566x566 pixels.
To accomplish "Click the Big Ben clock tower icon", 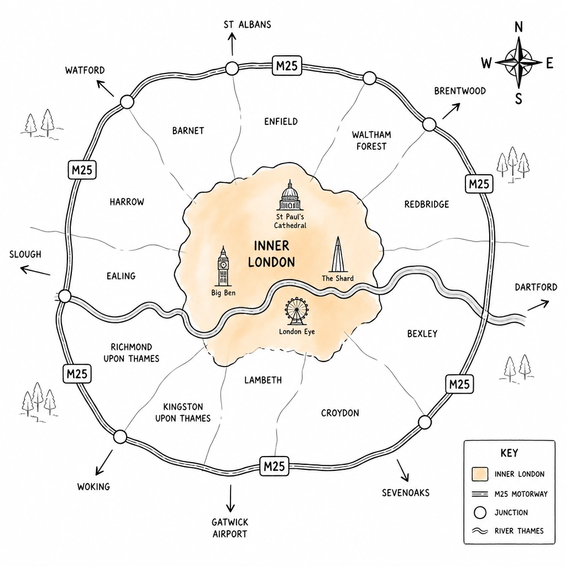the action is click(223, 266).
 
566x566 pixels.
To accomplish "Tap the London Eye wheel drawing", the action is click(296, 311).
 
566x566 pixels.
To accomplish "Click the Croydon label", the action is click(340, 413).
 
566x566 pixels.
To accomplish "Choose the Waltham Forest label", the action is click(371, 140).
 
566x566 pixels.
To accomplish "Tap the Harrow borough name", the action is click(127, 202).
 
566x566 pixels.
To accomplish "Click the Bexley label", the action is click(422, 333).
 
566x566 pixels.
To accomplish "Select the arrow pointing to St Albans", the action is click(232, 43).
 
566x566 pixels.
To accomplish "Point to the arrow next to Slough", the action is click(35, 270).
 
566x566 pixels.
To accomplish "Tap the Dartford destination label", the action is click(536, 287).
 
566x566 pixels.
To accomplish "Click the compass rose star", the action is click(518, 62).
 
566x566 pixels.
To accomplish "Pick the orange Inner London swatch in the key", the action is click(480, 474).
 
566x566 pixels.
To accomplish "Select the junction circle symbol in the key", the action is click(480, 512).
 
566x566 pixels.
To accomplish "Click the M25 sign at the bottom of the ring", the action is click(274, 466).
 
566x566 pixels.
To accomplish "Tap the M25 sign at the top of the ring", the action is click(287, 65).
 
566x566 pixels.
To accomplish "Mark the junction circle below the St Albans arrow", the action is click(232, 68).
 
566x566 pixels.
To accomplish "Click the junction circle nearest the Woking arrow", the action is click(120, 437).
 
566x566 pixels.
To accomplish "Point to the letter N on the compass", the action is click(518, 27).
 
